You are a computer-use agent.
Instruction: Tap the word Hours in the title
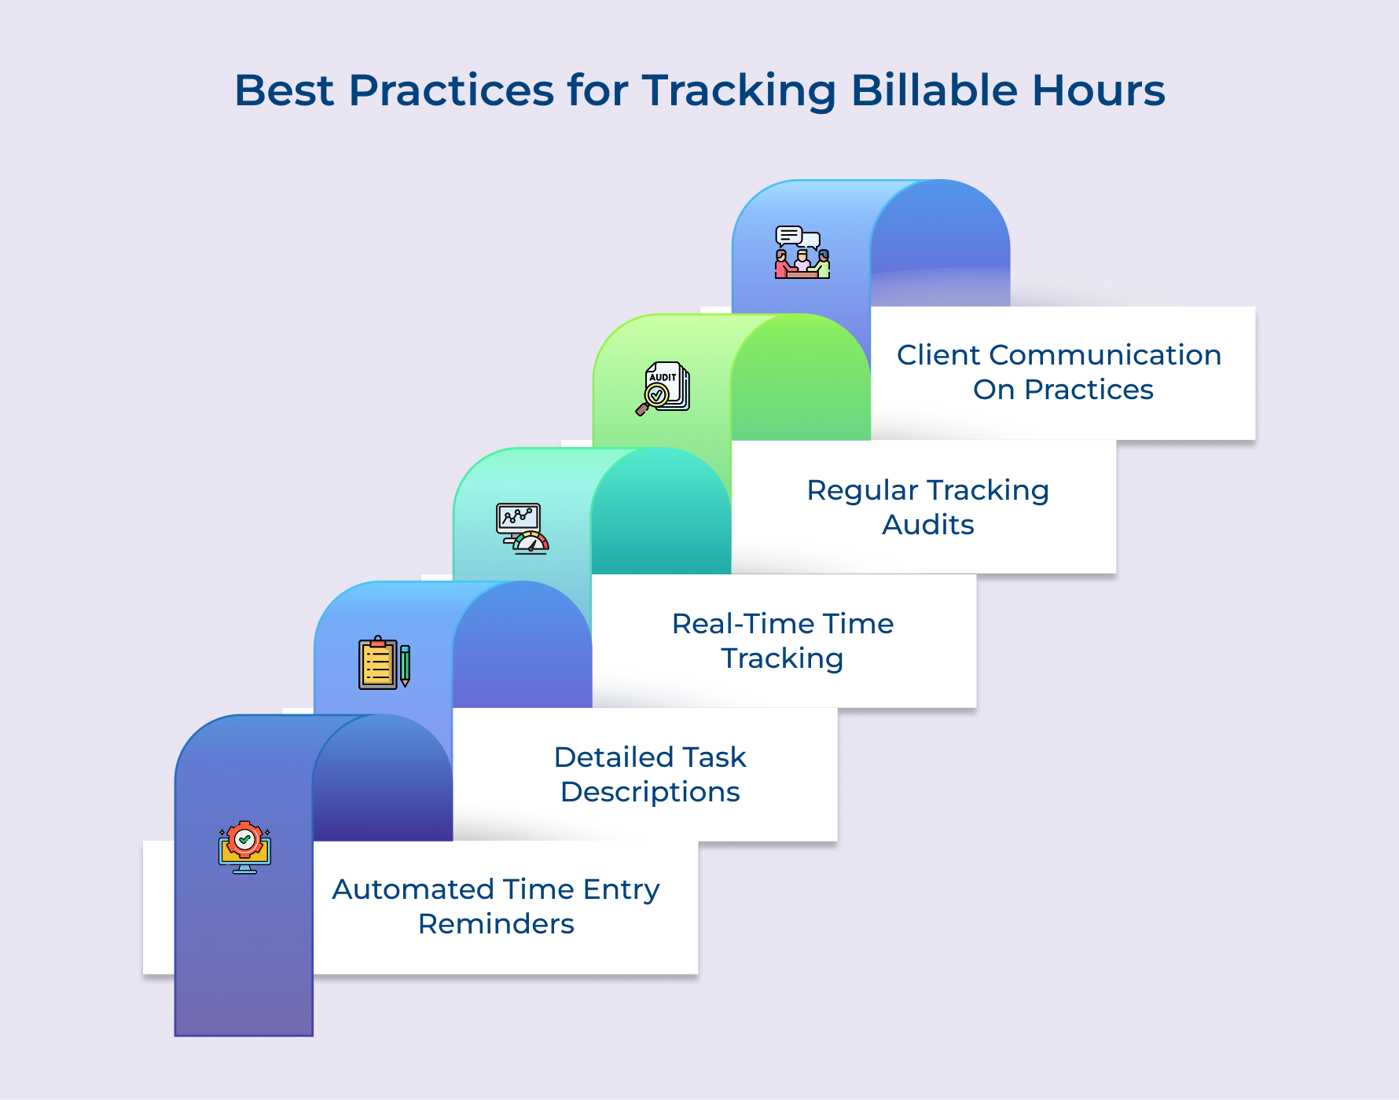pos(1098,90)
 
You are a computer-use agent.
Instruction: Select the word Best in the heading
pos(284,90)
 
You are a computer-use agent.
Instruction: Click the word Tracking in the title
pos(739,92)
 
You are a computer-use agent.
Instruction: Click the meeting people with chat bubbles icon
pos(802,252)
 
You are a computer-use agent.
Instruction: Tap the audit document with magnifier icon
pos(663,388)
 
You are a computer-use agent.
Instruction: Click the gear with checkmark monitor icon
pos(244,847)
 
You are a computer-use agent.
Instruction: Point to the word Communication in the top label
pos(1104,355)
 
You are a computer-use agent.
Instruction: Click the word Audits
pos(927,525)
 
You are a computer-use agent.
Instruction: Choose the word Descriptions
pos(650,792)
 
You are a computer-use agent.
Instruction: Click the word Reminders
pos(496,924)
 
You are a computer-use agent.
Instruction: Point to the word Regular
pos(862,490)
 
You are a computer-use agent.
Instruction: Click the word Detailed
pos(603,757)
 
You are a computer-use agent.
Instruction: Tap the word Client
pos(938,355)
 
